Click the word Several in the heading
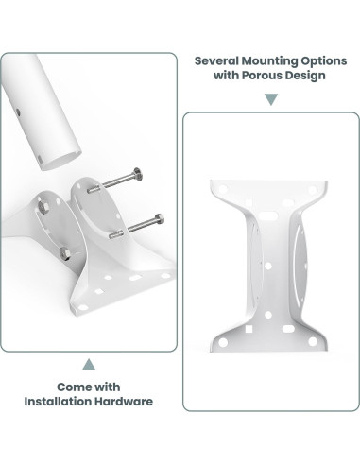coord(216,60)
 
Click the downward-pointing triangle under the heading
coord(271,99)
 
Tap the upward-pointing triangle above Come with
coord(89,365)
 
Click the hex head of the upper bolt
coord(138,174)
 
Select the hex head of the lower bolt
coord(160,218)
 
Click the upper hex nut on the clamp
coord(43,206)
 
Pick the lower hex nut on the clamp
coord(65,253)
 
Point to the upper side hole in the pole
coord(18,112)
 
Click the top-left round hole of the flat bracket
coord(223,189)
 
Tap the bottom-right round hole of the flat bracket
coord(313,341)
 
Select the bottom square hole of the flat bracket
coord(249,329)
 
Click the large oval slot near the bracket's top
coord(268,215)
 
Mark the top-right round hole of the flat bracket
coord(312,190)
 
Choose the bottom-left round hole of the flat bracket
coord(223,342)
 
